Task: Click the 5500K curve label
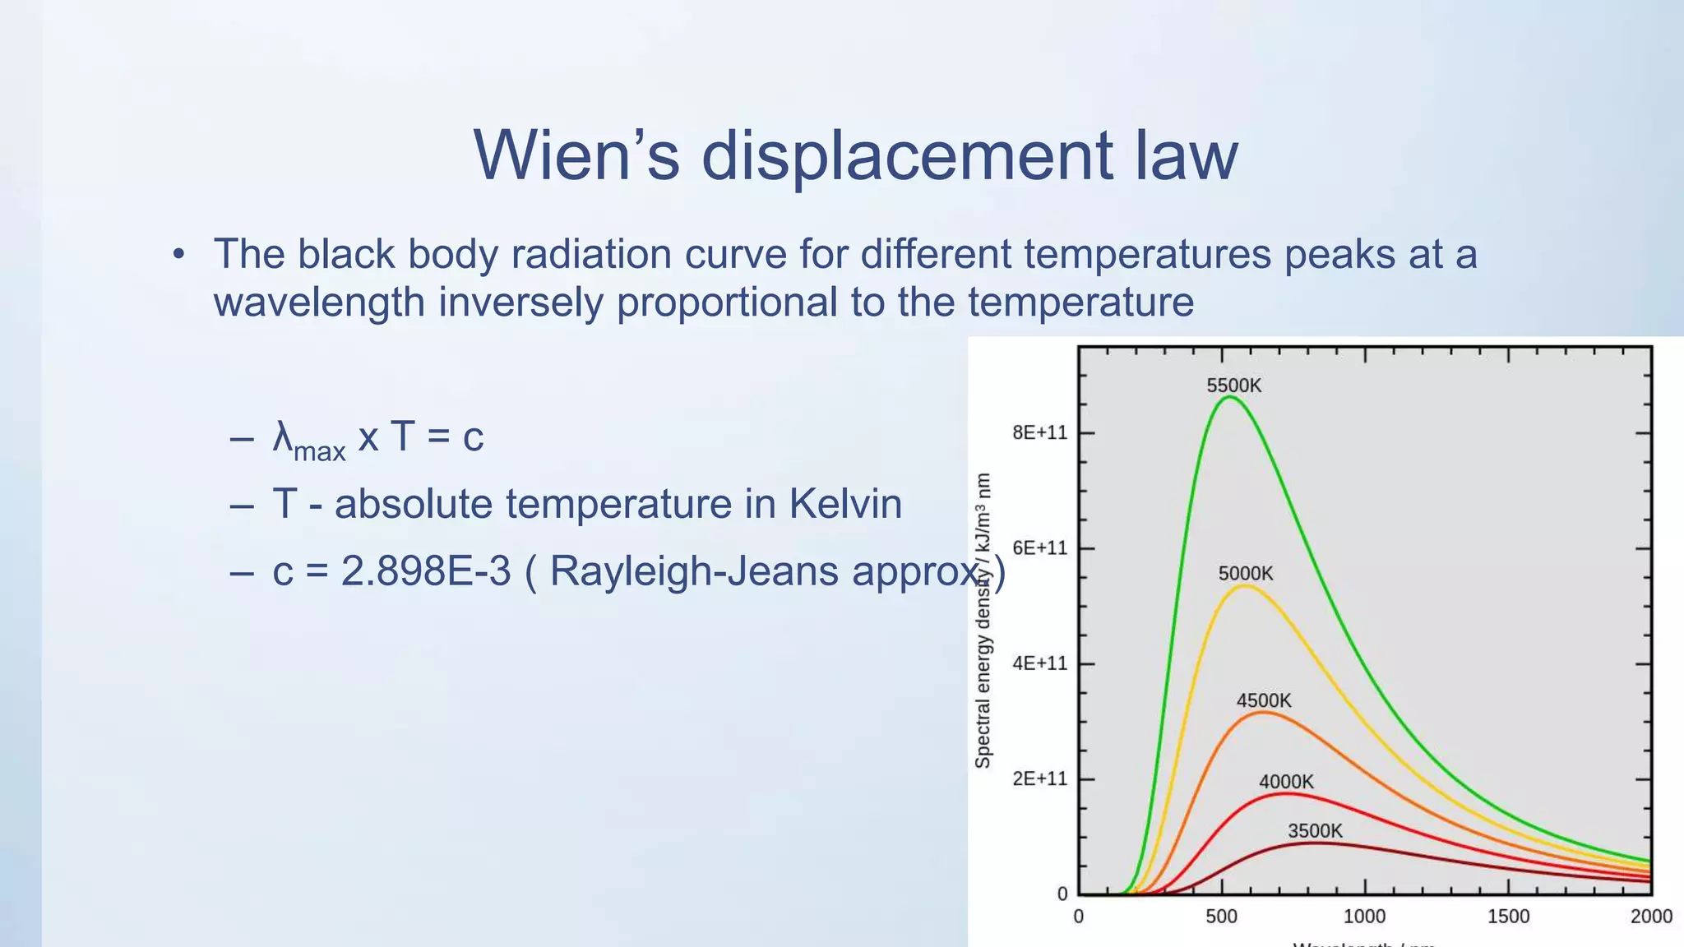(1233, 386)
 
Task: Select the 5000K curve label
(1245, 574)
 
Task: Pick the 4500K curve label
(1264, 700)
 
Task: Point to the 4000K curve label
(1286, 782)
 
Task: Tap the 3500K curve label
(1314, 831)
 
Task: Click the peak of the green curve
(1229, 398)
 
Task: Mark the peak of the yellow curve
(1246, 586)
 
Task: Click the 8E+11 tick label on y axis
(1039, 433)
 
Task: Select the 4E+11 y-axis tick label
(1039, 663)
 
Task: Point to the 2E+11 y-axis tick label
(1039, 778)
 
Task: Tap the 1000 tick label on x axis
(1364, 917)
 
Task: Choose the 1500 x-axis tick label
(1508, 917)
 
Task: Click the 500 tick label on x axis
(1221, 917)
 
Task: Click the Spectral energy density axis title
(983, 621)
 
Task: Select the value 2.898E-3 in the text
(426, 571)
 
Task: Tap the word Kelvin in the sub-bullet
(845, 503)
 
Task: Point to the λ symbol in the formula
(283, 436)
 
